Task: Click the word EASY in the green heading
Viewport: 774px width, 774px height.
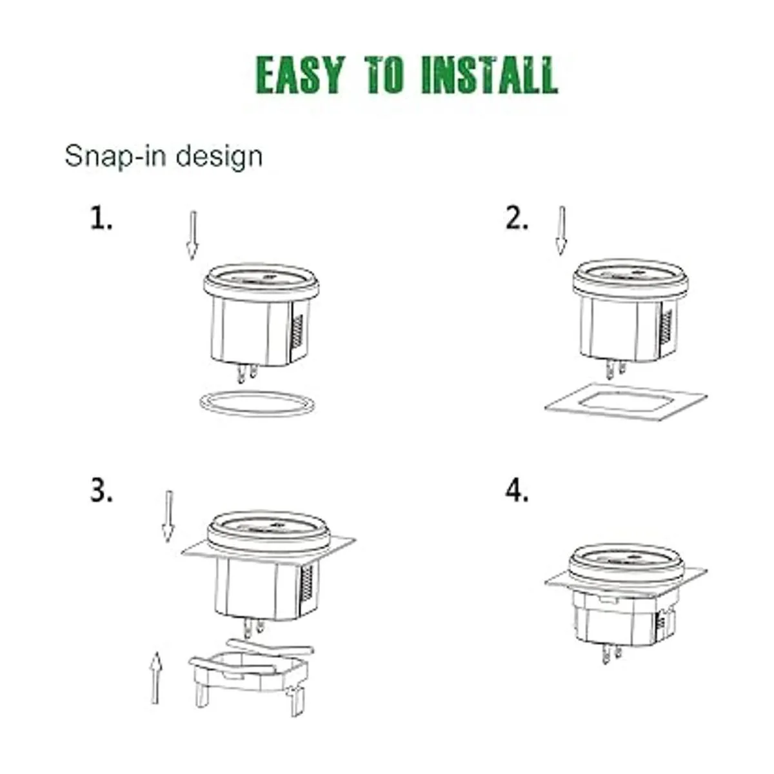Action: (x=301, y=75)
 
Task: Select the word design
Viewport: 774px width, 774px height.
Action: (x=219, y=157)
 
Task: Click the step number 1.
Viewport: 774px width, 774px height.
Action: (x=101, y=218)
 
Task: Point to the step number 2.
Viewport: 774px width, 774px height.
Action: (x=517, y=218)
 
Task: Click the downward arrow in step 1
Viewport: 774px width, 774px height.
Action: (x=193, y=235)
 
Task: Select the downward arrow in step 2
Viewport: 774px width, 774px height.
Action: (x=562, y=230)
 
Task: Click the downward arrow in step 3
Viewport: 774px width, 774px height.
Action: (x=168, y=516)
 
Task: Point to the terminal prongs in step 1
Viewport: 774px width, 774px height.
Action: (x=246, y=373)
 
